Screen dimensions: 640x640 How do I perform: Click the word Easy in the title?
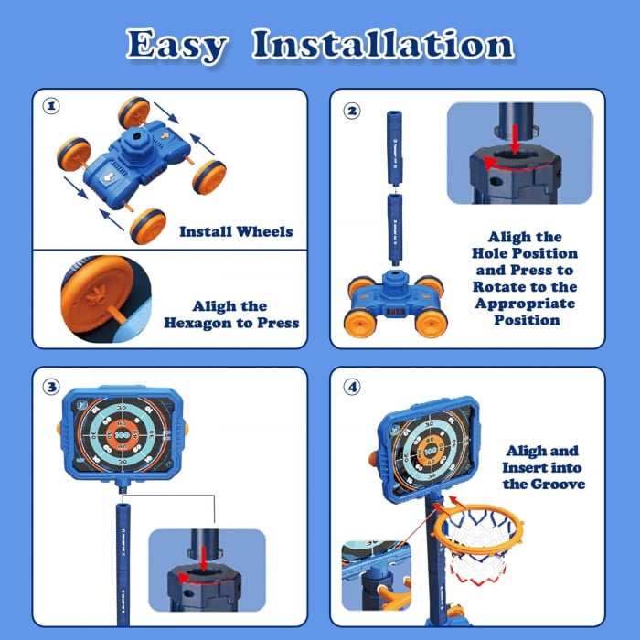tap(176, 45)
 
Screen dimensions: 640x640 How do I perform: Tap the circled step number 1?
tap(51, 106)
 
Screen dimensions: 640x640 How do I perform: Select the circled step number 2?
tap(352, 111)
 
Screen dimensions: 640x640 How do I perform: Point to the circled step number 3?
tap(51, 387)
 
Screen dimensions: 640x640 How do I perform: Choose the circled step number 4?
tap(352, 387)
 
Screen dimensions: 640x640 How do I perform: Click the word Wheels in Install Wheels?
tap(264, 231)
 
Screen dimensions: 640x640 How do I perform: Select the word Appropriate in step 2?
tap(525, 304)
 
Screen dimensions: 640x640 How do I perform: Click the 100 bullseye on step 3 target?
tap(122, 435)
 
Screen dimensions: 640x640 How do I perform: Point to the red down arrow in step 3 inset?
tap(203, 558)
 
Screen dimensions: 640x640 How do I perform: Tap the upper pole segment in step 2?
tap(394, 148)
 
